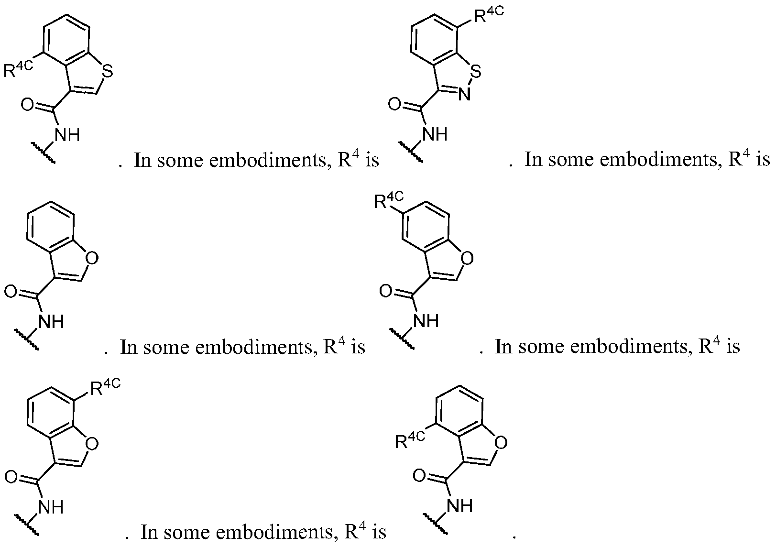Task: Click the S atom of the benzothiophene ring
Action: coord(108,71)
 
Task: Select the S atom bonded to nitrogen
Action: coord(476,71)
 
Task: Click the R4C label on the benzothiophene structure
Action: coord(18,69)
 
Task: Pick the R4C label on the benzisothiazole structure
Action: coord(489,14)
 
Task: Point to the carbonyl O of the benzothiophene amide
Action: coord(28,104)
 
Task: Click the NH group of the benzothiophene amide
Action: coord(67,134)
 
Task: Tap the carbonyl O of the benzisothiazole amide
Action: coord(394,104)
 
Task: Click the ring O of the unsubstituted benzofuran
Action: coord(91,258)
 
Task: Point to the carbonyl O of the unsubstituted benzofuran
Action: coord(11,291)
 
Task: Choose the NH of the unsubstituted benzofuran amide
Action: coord(51,321)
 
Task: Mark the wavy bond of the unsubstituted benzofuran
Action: coord(27,339)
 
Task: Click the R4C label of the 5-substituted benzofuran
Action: coord(389,200)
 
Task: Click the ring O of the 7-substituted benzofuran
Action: coord(91,444)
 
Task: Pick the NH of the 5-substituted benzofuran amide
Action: coord(426,321)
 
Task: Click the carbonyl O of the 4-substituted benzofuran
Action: coord(419,476)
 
